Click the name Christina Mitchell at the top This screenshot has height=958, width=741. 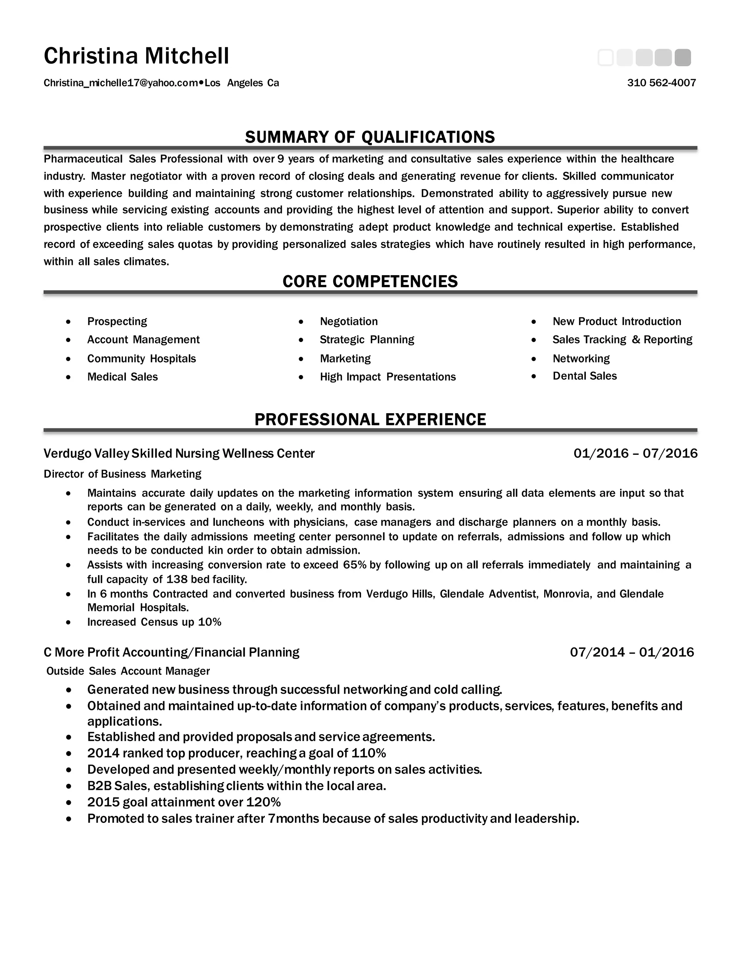pos(136,56)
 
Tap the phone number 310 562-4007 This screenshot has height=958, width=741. pos(661,83)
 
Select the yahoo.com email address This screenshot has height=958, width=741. pos(121,83)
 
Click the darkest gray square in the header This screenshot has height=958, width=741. pos(683,58)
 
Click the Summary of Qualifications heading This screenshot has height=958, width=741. pos(370,137)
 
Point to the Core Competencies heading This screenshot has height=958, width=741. pos(370,281)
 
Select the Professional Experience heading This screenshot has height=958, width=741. pos(370,419)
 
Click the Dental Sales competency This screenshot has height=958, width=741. pos(584,376)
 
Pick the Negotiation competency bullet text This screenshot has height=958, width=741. pos(348,321)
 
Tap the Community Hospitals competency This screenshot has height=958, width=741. pos(141,359)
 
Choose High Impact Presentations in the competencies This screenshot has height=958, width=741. pos(388,377)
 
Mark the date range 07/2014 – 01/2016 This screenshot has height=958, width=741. pos(632,652)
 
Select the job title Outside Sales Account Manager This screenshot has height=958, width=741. pos(128,671)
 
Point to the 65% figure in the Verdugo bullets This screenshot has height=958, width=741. pos(355,565)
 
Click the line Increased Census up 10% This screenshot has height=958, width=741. pos(154,622)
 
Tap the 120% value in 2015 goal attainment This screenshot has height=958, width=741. pos(263,802)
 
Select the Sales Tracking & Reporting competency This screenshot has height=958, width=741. pos(622,339)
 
